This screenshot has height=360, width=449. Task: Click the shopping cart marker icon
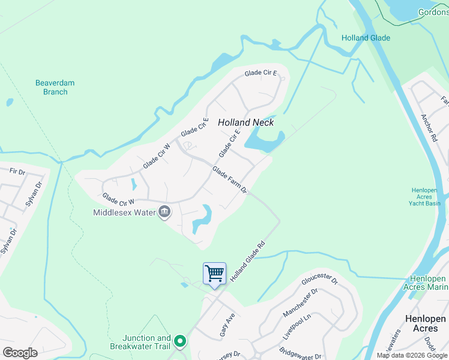tap(214, 274)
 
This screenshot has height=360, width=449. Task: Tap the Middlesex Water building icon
tap(164, 212)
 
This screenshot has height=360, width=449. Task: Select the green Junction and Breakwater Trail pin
tap(179, 343)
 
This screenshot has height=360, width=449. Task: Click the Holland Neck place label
tap(246, 122)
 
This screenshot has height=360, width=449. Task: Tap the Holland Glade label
tap(366, 38)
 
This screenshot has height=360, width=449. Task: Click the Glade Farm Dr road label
tap(229, 180)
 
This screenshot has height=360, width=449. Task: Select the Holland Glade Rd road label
tap(247, 262)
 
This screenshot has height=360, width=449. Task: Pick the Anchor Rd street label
tap(429, 128)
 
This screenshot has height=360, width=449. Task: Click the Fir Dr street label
tap(17, 172)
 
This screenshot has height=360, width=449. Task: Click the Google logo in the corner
tap(20, 353)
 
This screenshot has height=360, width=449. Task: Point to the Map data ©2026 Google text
tap(412, 355)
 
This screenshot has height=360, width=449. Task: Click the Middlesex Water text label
tap(124, 212)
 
